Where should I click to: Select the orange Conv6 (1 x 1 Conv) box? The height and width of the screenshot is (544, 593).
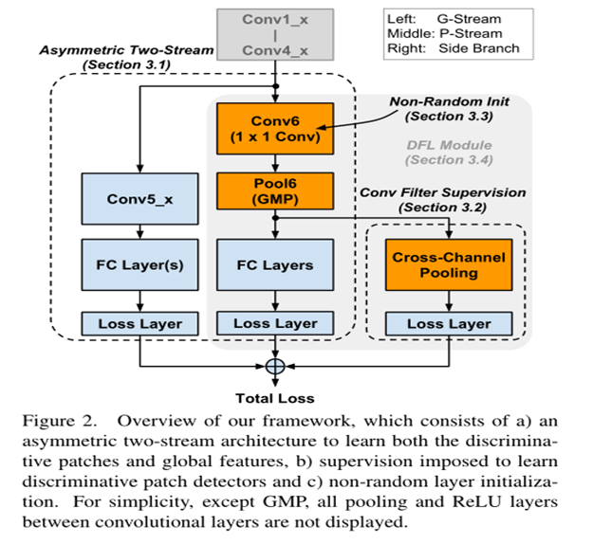pos(276,130)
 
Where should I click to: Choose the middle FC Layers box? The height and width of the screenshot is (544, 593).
pos(276,264)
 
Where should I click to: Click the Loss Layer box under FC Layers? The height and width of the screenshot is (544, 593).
pos(276,323)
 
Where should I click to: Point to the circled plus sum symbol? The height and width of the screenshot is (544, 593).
pos(276,365)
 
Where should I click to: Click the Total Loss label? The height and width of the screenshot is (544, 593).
pos(276,397)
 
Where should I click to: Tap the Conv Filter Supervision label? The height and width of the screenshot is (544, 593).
pos(443,192)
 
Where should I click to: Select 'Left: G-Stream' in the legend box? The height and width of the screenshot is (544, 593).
pos(442,19)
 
